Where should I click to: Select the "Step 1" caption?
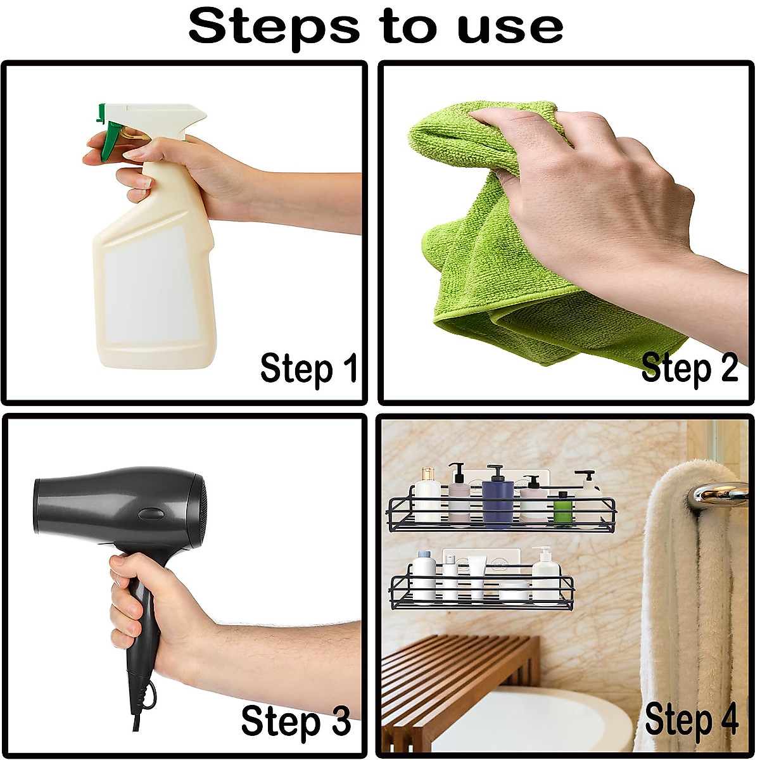point(309,368)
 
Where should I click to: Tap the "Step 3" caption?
point(295,721)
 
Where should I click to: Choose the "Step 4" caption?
point(691,721)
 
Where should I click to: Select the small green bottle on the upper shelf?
point(559,510)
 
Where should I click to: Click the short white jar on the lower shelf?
point(514,592)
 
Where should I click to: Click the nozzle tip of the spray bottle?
point(201,114)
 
